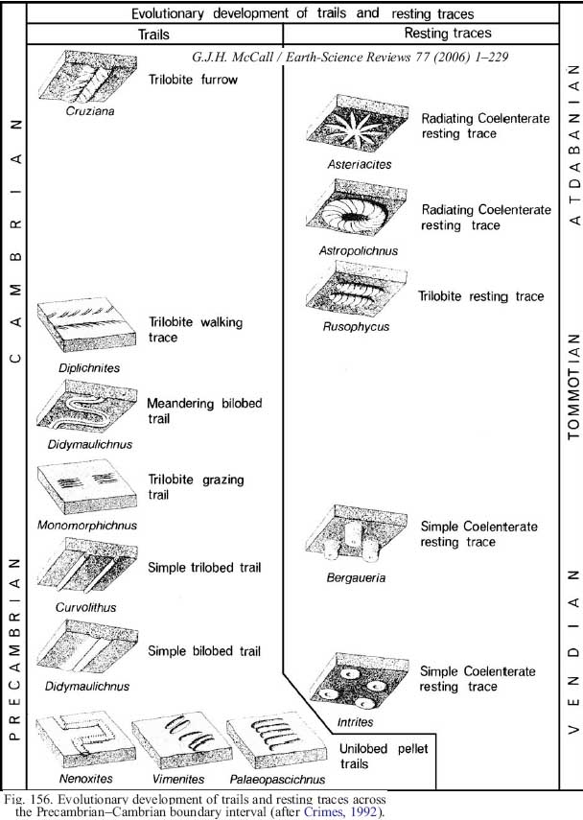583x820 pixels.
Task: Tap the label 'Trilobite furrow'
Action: tap(193, 80)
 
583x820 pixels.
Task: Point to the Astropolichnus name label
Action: tap(358, 250)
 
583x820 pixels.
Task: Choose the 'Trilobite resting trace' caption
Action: tap(481, 296)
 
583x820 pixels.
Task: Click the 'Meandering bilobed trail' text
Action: tap(204, 411)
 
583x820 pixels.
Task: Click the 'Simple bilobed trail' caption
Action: tap(204, 651)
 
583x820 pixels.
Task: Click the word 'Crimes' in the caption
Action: tap(323, 810)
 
